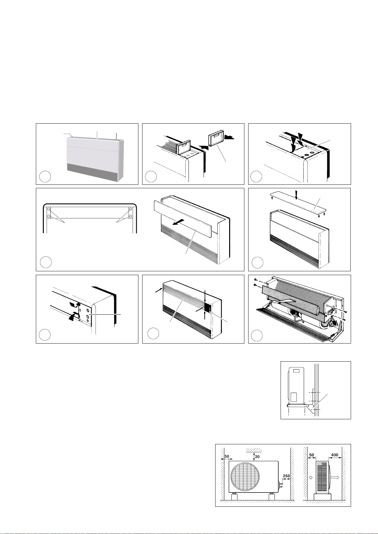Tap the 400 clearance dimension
click(335, 455)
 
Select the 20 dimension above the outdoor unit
click(257, 457)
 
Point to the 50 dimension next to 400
click(312, 455)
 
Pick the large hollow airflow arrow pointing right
click(335, 478)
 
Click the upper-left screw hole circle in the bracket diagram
click(49, 209)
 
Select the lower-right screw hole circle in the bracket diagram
click(131, 216)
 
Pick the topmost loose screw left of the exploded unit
click(256, 280)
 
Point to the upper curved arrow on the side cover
click(73, 304)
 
